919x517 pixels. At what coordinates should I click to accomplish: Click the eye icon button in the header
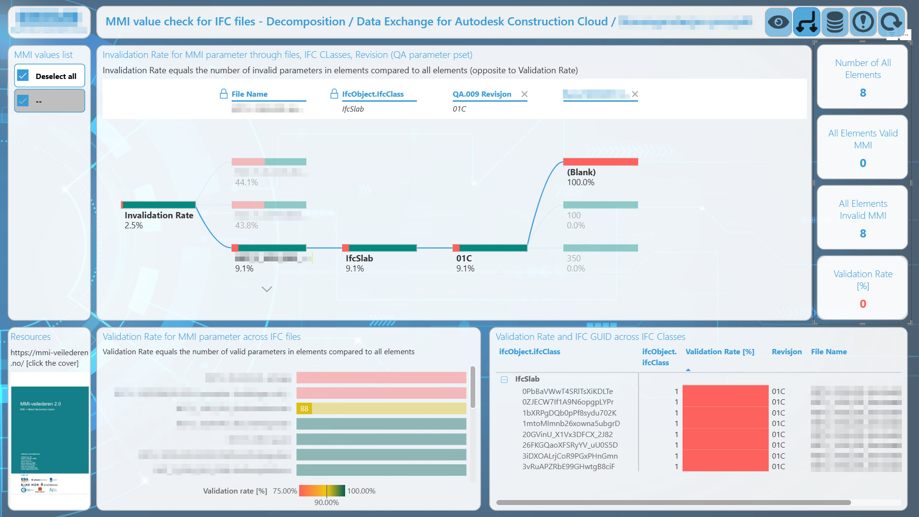[x=778, y=22]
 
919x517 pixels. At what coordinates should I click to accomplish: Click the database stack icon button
[x=835, y=22]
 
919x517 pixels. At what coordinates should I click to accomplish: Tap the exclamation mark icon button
[x=863, y=22]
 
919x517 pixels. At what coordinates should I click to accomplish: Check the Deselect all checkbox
[x=23, y=76]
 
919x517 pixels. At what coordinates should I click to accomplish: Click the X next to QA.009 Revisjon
[x=524, y=94]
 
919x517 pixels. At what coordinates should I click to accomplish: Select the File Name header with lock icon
[x=249, y=94]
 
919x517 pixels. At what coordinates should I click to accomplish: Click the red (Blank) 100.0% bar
[x=600, y=162]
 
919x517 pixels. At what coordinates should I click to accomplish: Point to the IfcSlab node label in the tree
[x=359, y=258]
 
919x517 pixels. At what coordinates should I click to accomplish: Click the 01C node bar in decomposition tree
[x=490, y=248]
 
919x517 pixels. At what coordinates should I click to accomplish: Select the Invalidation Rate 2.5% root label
[x=158, y=215]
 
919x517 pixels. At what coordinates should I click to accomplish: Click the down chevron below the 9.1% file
[x=267, y=289]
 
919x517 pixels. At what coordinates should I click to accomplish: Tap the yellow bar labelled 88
[x=381, y=409]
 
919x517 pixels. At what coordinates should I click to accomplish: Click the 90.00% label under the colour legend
[x=326, y=503]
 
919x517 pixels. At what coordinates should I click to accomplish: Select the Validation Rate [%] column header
[x=719, y=352]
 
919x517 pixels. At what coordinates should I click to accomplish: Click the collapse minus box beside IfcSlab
[x=504, y=379]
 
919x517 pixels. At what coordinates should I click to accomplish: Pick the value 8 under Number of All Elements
[x=863, y=93]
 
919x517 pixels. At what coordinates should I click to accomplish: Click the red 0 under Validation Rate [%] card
[x=863, y=304]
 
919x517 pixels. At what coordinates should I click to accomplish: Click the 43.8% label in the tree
[x=246, y=225]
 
